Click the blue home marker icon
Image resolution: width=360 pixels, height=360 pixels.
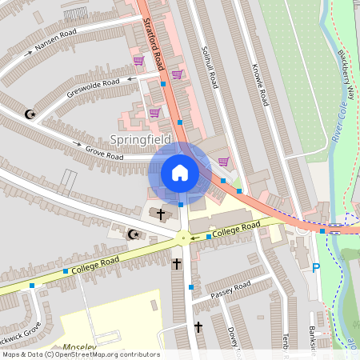(x=180, y=173)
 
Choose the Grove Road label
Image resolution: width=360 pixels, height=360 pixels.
(x=104, y=152)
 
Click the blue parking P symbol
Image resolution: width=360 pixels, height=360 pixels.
(x=316, y=268)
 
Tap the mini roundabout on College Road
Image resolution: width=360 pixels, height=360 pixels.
(x=182, y=238)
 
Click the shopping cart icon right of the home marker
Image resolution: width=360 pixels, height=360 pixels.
(x=222, y=162)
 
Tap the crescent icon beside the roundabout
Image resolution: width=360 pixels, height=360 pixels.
(x=134, y=234)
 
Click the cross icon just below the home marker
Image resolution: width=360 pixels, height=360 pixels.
(x=161, y=214)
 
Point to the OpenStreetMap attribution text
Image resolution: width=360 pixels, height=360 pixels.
(x=80, y=354)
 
